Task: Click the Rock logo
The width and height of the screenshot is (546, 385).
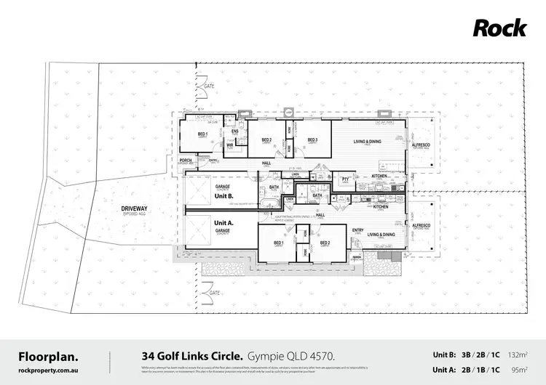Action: pos(499,28)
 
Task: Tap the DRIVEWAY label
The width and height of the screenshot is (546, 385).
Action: pos(135,209)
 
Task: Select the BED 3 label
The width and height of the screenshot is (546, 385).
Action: pos(312,140)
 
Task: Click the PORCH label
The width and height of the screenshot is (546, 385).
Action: pos(186,161)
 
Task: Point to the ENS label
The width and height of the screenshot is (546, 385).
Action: pos(235,131)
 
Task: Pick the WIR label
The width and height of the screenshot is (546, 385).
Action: pos(230,145)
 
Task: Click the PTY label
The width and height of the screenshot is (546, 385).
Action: pos(347,179)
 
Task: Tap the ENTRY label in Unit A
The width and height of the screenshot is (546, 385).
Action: pos(358,230)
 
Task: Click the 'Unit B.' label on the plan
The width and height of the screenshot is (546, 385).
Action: pos(223,195)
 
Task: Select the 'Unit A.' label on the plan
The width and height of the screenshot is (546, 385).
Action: pos(223,222)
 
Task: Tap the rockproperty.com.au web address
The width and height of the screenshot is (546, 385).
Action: pos(48,370)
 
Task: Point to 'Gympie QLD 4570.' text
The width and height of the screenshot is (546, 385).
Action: pos(289,356)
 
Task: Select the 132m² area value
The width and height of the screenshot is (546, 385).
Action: pos(518,354)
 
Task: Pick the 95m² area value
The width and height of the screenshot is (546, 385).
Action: pos(519,369)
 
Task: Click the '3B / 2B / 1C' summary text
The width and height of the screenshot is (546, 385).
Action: pos(480,354)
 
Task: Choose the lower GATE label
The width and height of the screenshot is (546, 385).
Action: pos(213,292)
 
